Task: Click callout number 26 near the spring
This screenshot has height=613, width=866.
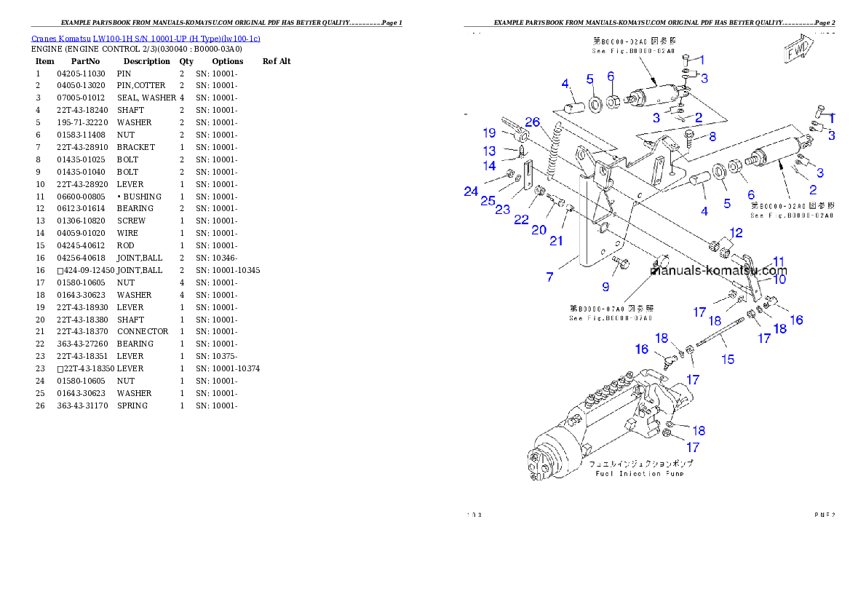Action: click(533, 122)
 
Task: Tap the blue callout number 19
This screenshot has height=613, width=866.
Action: click(488, 133)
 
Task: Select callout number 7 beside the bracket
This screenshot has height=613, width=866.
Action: click(550, 277)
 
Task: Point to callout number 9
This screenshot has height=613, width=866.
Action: click(605, 287)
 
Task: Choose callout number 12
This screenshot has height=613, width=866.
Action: click(736, 233)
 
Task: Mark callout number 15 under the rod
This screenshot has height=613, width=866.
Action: click(727, 359)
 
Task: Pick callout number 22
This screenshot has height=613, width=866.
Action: click(521, 219)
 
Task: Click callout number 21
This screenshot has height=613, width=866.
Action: click(557, 241)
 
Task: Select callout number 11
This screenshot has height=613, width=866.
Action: click(779, 261)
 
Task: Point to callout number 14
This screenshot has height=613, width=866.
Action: click(490, 166)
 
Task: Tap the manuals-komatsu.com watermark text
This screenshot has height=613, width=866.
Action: click(718, 271)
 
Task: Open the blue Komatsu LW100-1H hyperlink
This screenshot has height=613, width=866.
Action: click(146, 39)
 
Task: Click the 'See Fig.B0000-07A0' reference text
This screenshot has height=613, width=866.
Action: click(611, 318)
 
